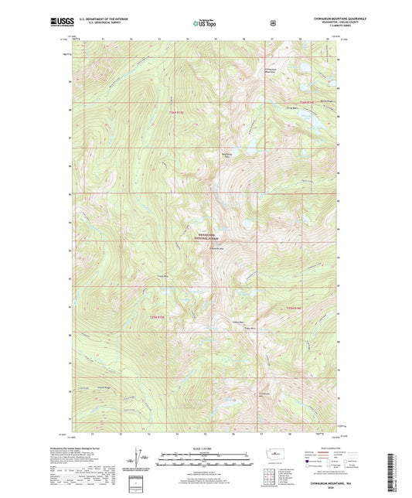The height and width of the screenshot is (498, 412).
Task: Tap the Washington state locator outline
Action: pos(269,452)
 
